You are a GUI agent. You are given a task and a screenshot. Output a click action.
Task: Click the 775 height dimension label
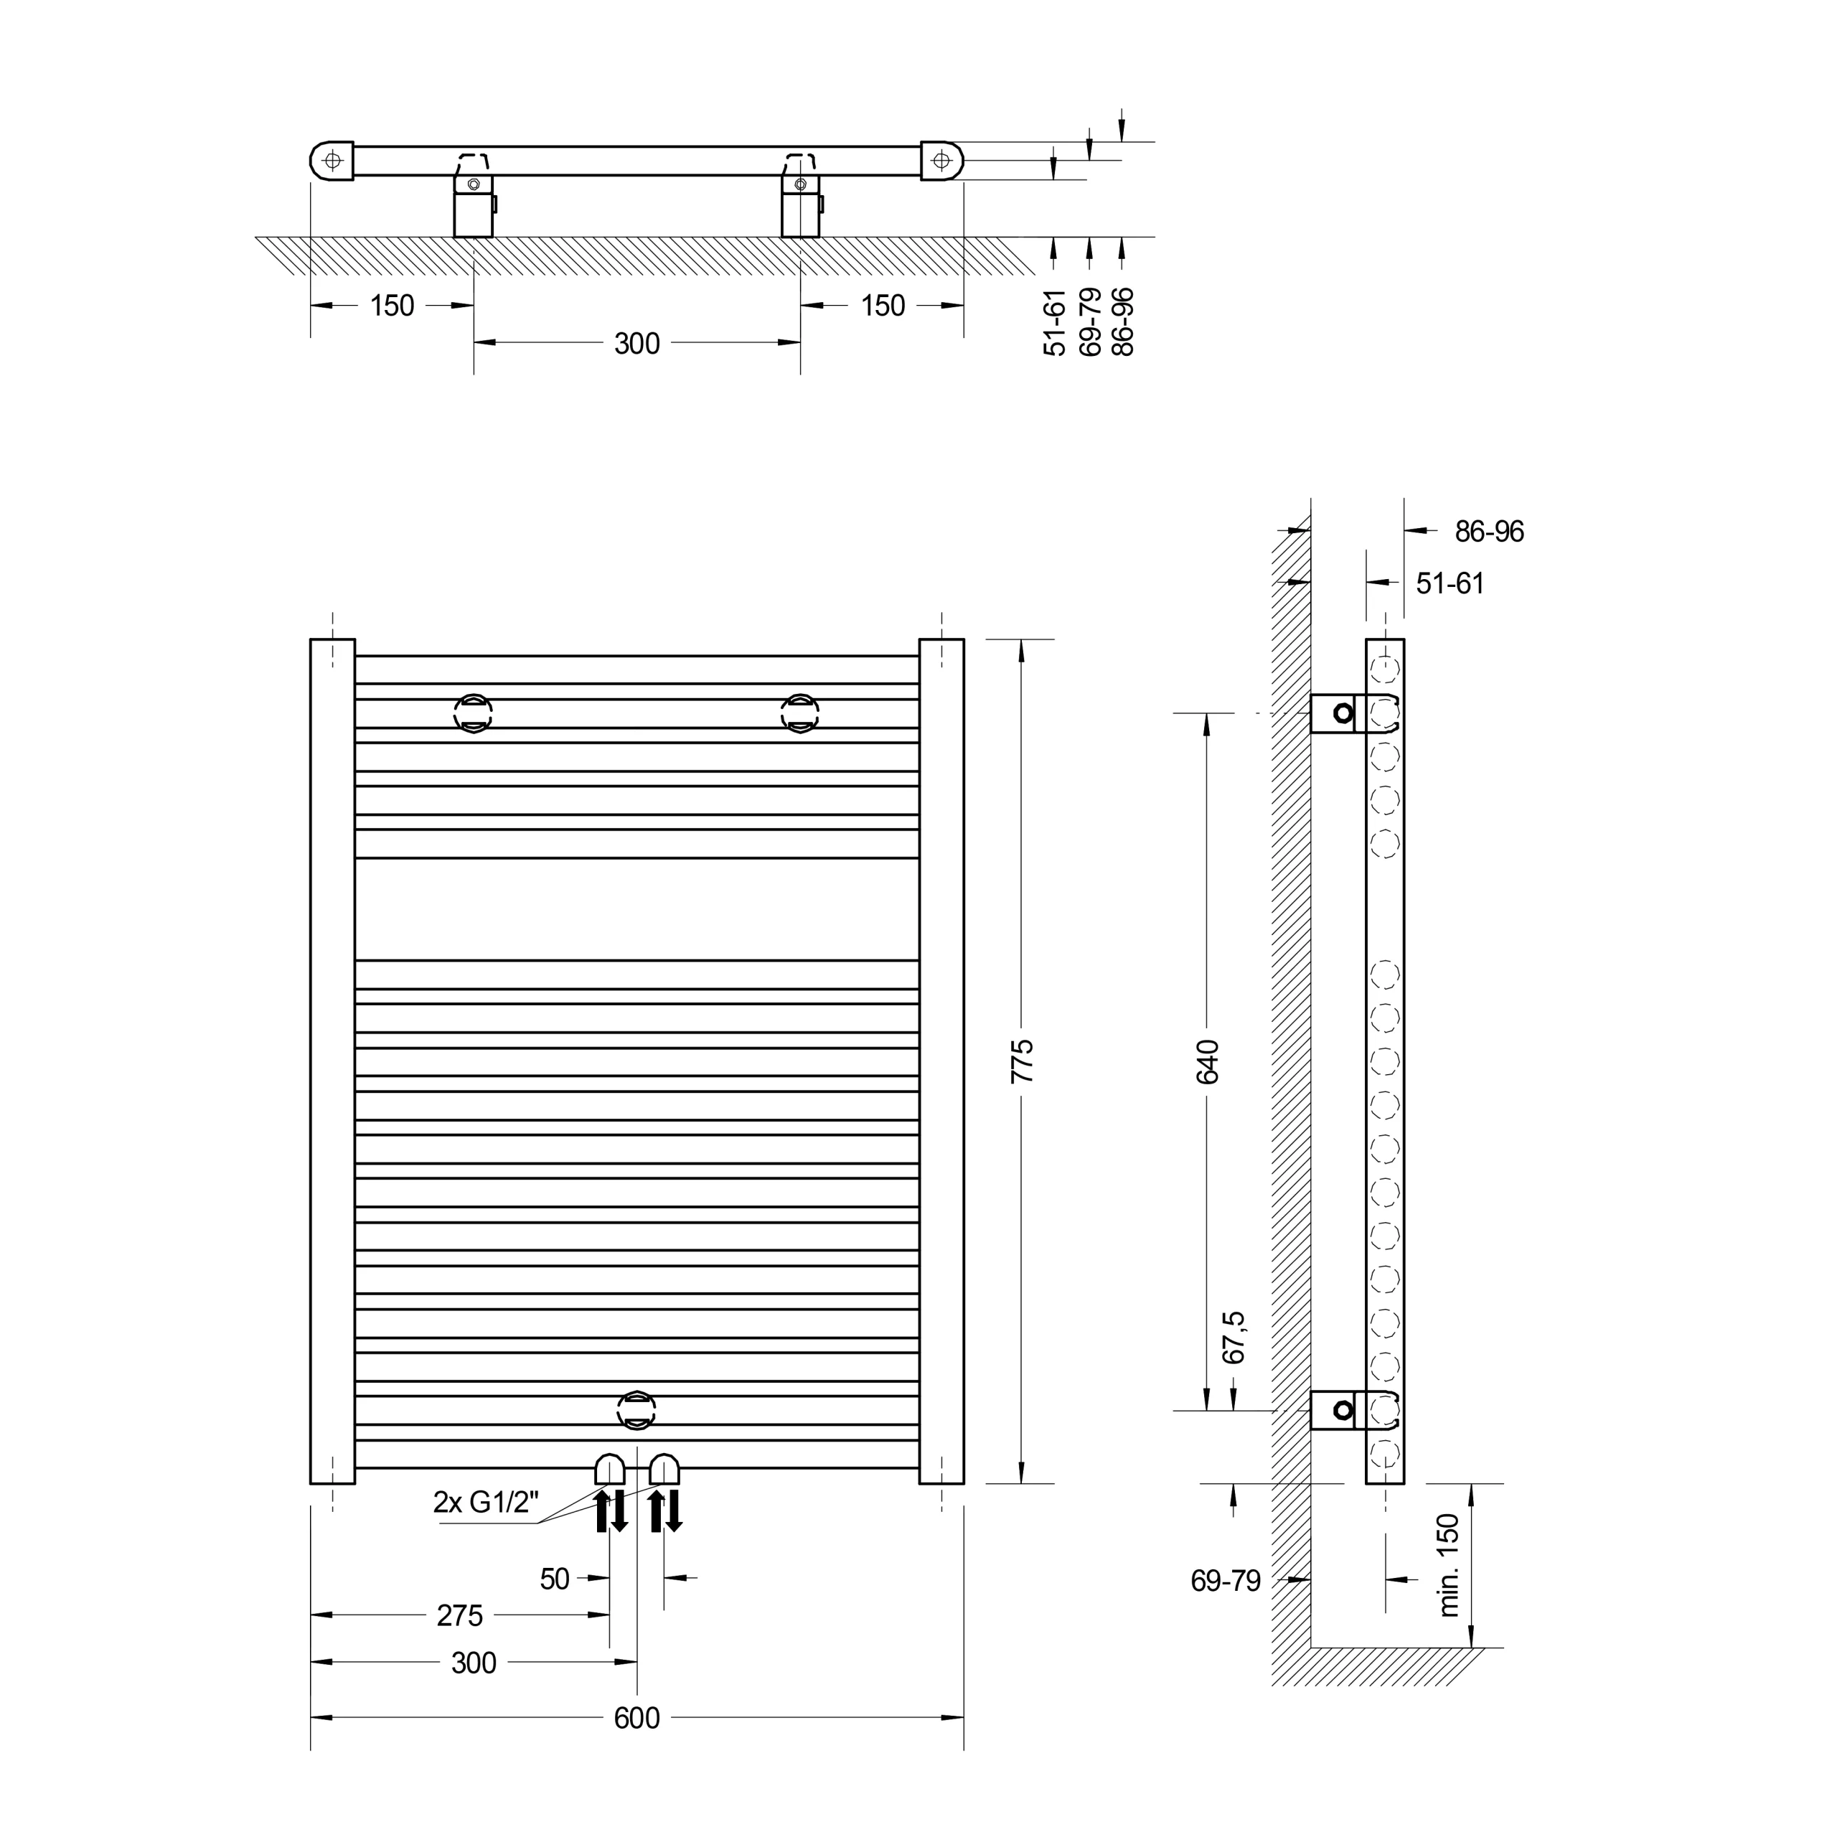click(1022, 1061)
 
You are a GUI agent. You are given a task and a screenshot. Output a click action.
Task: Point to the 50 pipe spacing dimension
click(555, 1579)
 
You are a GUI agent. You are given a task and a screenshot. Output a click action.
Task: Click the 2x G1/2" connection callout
click(486, 1503)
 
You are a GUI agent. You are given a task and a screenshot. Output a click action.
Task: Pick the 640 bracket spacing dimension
click(1206, 1061)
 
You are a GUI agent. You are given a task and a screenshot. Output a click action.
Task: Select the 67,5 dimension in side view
click(1234, 1337)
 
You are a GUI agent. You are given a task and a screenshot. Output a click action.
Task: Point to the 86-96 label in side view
click(1489, 532)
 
